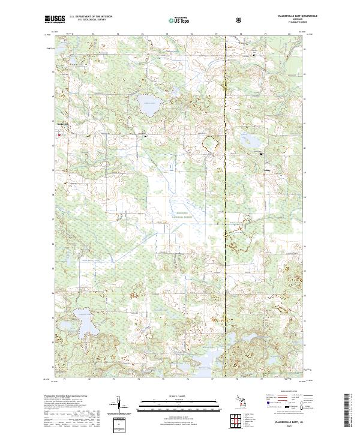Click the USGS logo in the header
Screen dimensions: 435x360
pos(55,20)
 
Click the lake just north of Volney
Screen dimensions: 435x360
pos(250,142)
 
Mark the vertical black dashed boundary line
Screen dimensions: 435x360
pos(224,240)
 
